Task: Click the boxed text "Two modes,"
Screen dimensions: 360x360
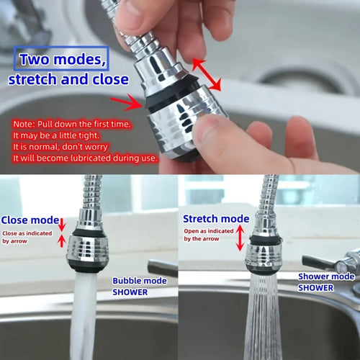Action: pos(61,58)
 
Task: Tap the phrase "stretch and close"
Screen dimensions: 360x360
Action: pos(68,78)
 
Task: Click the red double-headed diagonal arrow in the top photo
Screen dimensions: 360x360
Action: pos(206,75)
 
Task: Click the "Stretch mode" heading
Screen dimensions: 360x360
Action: pos(215,218)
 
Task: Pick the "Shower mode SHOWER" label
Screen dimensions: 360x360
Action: pos(326,282)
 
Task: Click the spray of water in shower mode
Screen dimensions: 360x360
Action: pos(263,317)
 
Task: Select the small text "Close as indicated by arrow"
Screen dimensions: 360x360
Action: pos(27,237)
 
